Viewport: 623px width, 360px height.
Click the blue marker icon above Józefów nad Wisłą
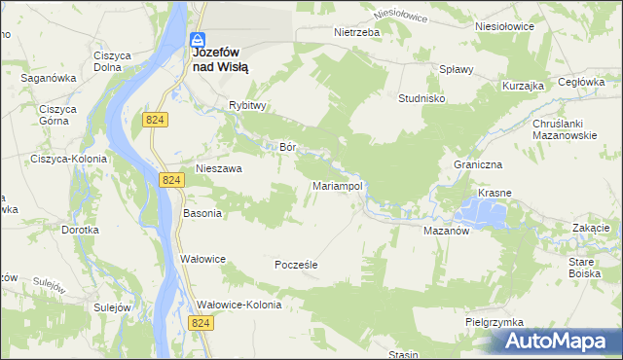pyautogui.click(x=197, y=41)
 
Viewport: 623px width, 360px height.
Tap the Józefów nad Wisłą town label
pyautogui.click(x=220, y=61)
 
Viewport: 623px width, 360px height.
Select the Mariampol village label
pyautogui.click(x=337, y=185)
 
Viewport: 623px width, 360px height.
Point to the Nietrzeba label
pyautogui.click(x=355, y=31)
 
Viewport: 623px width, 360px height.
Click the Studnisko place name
pyautogui.click(x=422, y=99)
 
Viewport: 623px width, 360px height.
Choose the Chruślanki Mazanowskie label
pyautogui.click(x=564, y=131)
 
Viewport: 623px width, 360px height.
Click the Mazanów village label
pyautogui.click(x=447, y=232)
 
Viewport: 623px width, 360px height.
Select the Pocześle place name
pyautogui.click(x=297, y=264)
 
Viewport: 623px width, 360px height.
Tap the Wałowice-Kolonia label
pyautogui.click(x=238, y=305)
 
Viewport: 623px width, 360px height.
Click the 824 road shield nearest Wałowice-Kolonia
pyautogui.click(x=202, y=322)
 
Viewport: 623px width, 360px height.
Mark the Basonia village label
pyautogui.click(x=202, y=213)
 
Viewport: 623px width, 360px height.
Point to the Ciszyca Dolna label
pyautogui.click(x=113, y=61)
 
